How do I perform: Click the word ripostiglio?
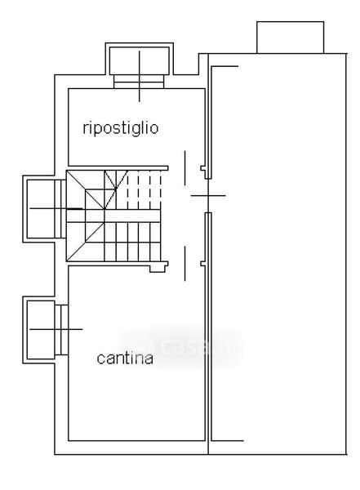coord(121,129)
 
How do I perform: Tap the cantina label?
coord(125,359)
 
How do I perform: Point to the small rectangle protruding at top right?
coord(290,38)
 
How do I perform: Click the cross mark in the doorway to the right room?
coord(208,196)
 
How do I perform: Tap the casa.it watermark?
coord(180,347)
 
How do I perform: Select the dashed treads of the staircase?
coord(144,189)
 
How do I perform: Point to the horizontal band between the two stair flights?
coord(113,216)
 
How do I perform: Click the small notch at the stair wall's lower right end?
coord(158,267)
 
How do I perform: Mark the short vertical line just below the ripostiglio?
coord(184,168)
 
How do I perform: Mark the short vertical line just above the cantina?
coord(184,264)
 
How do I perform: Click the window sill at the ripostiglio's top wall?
coord(139,82)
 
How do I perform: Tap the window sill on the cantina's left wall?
coord(61,330)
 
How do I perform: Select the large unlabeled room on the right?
coord(278,254)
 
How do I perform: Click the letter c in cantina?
coord(100,359)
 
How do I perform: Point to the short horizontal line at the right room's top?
coord(224,66)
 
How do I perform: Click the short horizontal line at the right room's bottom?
coord(227,441)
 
